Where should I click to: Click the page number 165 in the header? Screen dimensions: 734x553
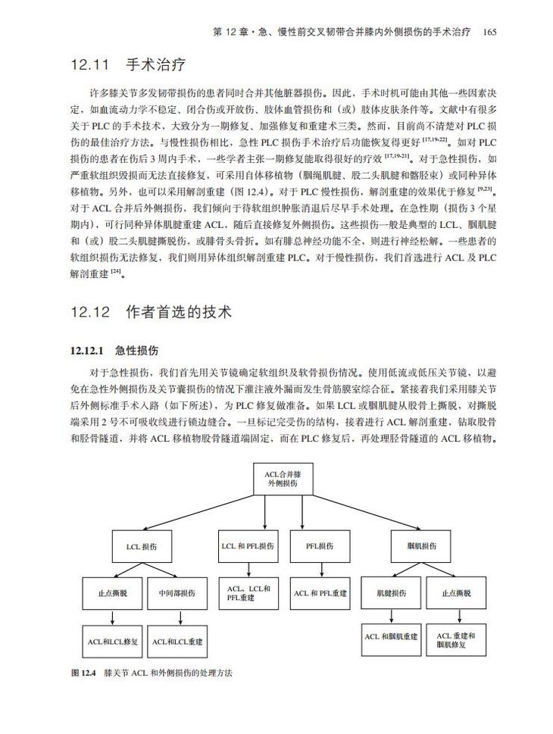489,32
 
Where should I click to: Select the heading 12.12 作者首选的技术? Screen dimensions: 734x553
152,311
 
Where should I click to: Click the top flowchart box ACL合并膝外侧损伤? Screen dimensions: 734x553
280,479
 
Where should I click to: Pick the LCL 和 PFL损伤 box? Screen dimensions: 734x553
248,546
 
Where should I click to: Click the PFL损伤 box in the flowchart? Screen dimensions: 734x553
319,546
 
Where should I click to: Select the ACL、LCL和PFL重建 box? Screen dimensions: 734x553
248,593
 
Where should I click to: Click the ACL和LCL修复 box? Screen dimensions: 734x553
112,641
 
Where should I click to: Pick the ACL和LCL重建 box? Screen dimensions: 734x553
178,641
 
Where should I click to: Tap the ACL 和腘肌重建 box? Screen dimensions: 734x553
391,636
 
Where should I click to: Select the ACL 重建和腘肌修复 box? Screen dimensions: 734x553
456,639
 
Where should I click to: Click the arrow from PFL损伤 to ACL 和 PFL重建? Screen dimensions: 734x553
319,570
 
